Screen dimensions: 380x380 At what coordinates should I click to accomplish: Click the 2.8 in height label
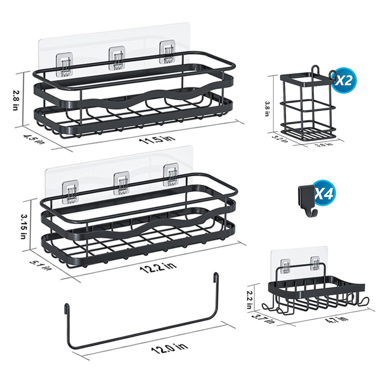coord(15,100)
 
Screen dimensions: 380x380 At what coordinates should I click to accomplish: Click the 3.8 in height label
coord(267,109)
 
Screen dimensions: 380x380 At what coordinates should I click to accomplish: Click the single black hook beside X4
coord(306,201)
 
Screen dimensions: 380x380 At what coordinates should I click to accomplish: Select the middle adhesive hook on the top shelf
coord(117,58)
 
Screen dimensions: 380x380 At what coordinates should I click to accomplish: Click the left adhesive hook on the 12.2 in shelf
coord(71,191)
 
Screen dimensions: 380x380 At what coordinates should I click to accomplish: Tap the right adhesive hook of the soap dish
coord(315,263)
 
